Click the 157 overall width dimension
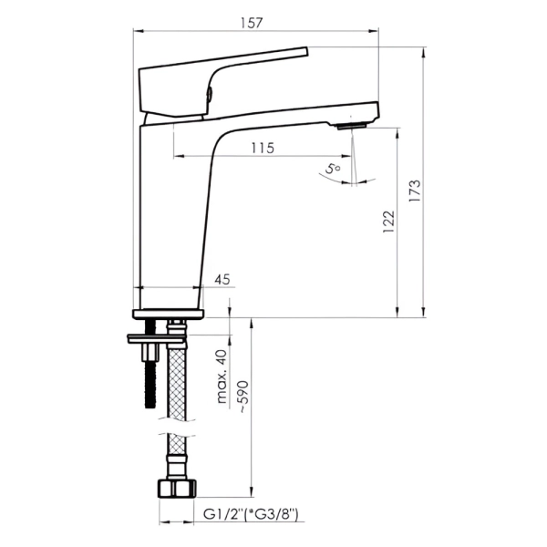pos(252,23)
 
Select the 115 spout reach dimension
pos(263,149)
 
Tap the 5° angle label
pos(333,169)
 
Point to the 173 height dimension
pos(415,191)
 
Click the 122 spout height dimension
pos(388,222)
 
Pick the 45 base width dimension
pos(222,280)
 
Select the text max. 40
pos(222,376)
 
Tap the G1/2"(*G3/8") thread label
pos(251,514)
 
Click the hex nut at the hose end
pos(177,489)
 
